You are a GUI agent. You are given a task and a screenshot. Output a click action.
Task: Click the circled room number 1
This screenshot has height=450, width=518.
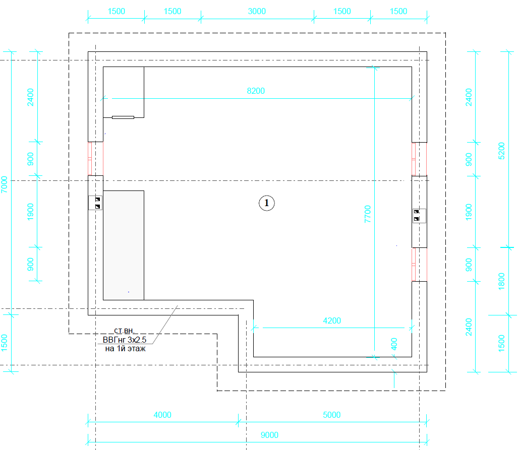(267, 203)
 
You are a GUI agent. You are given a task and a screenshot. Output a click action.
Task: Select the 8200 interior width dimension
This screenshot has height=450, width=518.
(256, 91)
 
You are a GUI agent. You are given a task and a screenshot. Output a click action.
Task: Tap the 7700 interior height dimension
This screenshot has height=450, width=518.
(368, 214)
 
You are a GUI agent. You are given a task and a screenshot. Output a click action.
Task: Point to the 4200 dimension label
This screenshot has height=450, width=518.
(332, 320)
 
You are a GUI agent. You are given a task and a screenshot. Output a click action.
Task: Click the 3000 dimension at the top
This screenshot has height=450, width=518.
(257, 11)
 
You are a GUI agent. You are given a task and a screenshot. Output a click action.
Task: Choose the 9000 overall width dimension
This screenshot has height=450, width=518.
(269, 435)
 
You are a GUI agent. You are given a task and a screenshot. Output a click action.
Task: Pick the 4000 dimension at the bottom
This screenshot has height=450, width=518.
(162, 415)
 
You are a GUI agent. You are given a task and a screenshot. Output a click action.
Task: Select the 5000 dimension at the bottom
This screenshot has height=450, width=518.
(331, 415)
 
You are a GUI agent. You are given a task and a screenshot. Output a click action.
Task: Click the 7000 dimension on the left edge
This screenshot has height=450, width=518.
(5, 184)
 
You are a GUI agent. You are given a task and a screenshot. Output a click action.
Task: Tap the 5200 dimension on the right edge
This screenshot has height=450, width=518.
(501, 151)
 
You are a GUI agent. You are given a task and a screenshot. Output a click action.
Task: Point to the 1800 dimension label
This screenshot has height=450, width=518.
(501, 281)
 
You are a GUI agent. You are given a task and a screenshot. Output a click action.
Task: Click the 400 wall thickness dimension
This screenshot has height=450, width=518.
(394, 344)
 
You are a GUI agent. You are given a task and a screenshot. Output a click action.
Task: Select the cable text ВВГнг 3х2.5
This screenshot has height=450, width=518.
(125, 340)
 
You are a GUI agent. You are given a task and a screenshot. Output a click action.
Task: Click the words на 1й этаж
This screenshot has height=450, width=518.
(125, 349)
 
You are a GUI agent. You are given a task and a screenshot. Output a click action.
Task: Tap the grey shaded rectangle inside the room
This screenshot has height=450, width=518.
(124, 245)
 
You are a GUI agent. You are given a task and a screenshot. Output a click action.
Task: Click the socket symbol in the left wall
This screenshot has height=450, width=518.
(95, 203)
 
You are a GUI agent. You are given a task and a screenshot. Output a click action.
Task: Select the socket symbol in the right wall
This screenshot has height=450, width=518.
(419, 216)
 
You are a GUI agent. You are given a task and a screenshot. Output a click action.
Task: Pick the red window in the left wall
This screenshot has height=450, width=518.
(95, 158)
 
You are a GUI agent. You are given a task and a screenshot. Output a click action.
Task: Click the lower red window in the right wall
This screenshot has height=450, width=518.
(419, 265)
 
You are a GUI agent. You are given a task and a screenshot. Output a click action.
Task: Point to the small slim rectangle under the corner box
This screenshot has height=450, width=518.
(123, 117)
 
